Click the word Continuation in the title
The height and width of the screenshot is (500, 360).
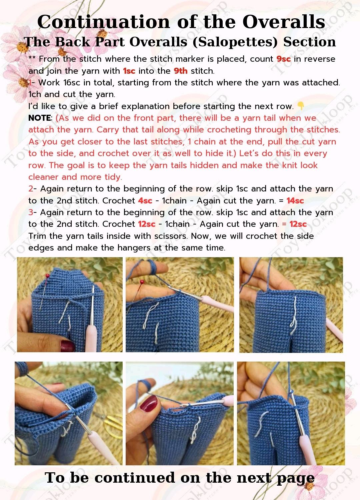pos(104,22)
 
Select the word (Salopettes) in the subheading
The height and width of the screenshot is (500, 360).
pos(235,42)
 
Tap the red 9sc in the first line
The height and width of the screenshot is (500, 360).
pos(283,59)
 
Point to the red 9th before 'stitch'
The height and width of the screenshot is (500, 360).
pos(181,71)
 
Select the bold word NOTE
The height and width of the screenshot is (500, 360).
pos(40,118)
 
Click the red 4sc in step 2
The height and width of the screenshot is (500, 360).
pos(145,200)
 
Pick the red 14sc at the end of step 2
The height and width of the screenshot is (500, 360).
pos(295,200)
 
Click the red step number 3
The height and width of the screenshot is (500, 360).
pos(31,212)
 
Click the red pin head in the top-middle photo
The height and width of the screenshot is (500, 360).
pos(142,282)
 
